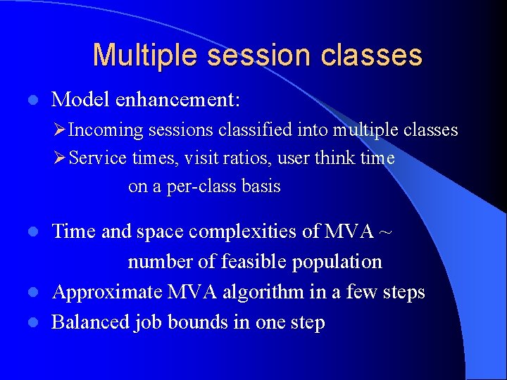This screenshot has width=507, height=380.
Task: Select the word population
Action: (337, 262)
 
